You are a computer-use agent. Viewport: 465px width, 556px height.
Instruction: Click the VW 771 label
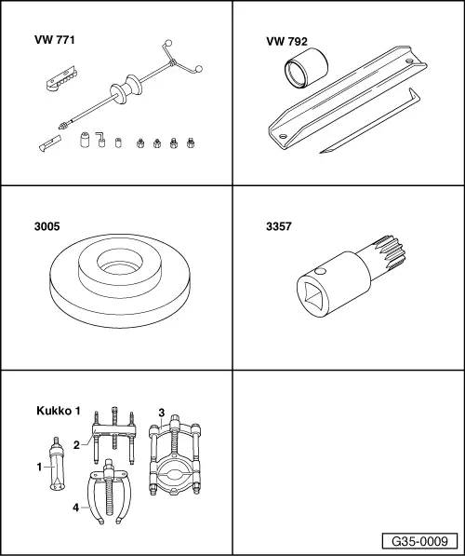(55, 40)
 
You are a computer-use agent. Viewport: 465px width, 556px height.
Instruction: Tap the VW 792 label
(286, 42)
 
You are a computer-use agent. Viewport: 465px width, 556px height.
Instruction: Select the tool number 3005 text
(47, 226)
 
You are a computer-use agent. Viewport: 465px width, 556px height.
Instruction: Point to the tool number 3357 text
(279, 226)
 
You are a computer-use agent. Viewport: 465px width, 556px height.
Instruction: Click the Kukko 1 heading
(59, 411)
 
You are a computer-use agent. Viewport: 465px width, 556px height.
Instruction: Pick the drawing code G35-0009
(419, 541)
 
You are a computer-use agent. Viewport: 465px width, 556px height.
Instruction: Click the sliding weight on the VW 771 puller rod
(126, 89)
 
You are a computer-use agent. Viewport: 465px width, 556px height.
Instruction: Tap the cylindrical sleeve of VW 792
(306, 67)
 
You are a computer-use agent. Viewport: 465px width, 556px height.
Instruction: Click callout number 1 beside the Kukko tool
(39, 467)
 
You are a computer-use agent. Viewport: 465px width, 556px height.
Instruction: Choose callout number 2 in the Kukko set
(76, 444)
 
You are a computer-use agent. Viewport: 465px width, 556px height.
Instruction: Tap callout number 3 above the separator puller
(162, 413)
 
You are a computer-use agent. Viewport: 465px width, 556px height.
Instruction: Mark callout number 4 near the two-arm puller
(75, 508)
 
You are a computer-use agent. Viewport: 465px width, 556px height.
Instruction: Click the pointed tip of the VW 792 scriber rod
(321, 153)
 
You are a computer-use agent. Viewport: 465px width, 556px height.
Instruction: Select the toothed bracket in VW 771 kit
(61, 78)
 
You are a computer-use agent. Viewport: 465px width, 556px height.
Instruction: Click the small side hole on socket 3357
(320, 271)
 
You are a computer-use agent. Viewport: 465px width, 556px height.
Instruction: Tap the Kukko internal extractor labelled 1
(57, 466)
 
